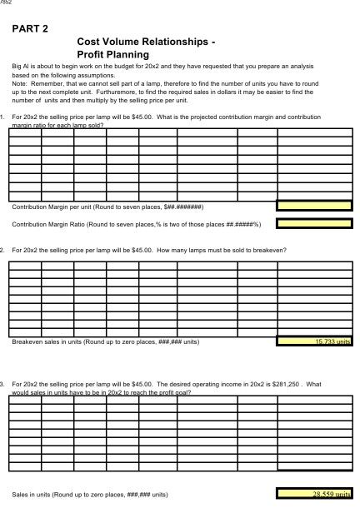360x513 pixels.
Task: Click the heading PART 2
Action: point(30,28)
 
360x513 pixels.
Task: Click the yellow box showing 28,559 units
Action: point(315,494)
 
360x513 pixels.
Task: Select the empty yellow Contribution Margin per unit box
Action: point(315,206)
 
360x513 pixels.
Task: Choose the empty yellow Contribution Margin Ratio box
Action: point(315,223)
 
